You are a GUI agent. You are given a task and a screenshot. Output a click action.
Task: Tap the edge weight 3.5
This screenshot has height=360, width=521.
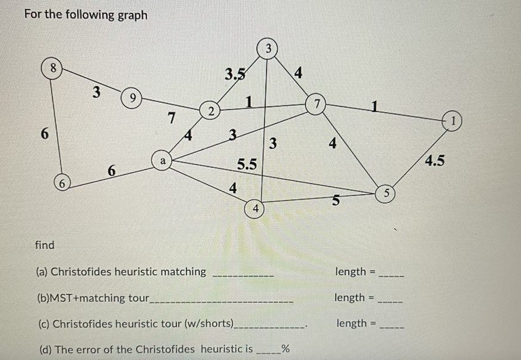[x=235, y=75]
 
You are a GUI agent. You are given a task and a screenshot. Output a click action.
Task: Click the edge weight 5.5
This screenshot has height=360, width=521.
[x=247, y=164]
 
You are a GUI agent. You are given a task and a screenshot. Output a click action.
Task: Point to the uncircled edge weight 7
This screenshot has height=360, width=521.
[x=171, y=119]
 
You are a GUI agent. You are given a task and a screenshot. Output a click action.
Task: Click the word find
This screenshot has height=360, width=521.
[x=45, y=245]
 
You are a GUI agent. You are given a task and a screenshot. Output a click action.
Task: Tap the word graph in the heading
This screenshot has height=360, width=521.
[x=129, y=14]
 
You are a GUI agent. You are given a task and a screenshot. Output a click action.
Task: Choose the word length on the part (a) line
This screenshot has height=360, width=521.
[x=351, y=272]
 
